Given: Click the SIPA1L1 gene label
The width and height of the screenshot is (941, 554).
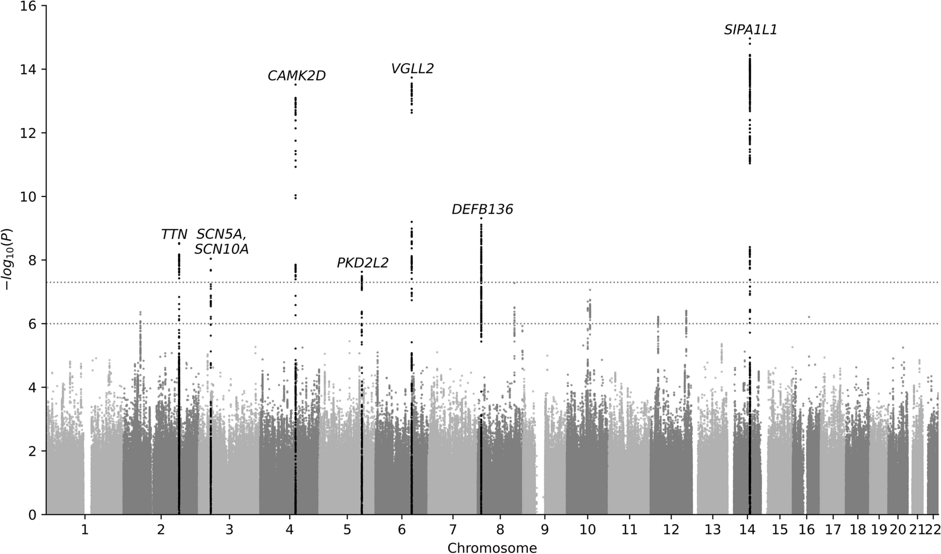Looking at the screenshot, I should click(x=751, y=30).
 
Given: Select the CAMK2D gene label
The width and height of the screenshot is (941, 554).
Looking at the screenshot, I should click(x=297, y=76).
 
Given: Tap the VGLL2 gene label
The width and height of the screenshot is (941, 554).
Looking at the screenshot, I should click(x=412, y=68).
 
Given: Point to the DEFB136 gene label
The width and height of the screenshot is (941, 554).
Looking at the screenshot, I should click(x=482, y=210).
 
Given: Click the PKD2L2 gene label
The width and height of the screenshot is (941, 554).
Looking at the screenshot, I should click(x=362, y=263).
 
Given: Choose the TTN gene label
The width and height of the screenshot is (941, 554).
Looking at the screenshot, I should click(x=174, y=235).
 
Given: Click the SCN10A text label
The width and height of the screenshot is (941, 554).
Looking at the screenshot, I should click(x=221, y=249).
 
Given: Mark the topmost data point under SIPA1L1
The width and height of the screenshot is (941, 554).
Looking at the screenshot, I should click(x=750, y=39).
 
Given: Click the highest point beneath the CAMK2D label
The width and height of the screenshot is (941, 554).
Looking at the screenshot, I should click(x=295, y=85).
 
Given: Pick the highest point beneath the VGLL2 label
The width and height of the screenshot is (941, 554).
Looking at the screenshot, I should click(x=411, y=78).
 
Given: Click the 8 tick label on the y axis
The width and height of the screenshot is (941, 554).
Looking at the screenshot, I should click(x=36, y=260).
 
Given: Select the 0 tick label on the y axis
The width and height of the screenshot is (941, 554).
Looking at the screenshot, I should click(x=36, y=514).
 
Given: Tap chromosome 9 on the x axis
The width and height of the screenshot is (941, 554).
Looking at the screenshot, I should click(x=545, y=530).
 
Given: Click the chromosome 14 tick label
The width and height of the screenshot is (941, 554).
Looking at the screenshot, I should click(x=748, y=530).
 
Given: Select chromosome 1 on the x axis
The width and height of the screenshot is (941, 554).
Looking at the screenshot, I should click(x=84, y=530).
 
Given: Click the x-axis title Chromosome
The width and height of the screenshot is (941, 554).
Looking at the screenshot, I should click(x=492, y=548).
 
